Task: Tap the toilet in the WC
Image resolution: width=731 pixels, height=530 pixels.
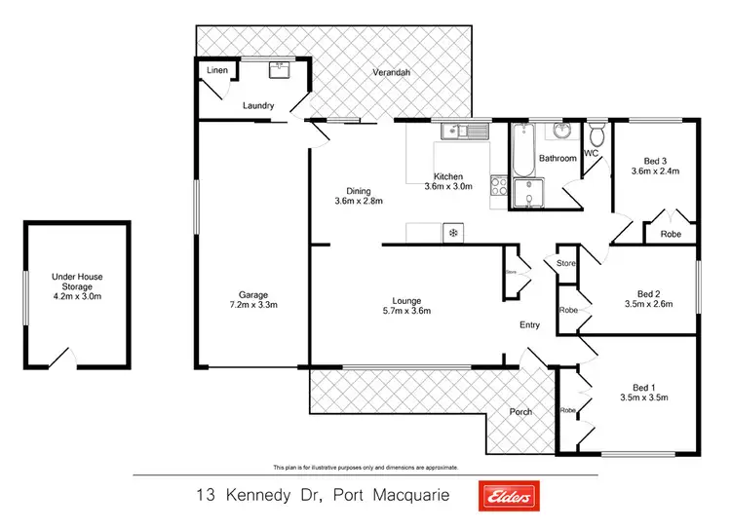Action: (596, 138)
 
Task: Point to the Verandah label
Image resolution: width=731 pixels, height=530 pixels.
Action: (392, 74)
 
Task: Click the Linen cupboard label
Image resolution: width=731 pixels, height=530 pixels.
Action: (214, 71)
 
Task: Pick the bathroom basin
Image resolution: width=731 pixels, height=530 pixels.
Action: (561, 132)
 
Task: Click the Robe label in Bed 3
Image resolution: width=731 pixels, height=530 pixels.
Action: (671, 234)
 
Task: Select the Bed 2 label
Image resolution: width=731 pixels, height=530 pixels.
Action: (649, 293)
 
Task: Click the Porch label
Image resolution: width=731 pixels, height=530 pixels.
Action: (521, 411)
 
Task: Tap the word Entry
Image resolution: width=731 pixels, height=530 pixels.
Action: (529, 325)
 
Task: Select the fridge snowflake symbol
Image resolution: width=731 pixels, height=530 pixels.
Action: (452, 232)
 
